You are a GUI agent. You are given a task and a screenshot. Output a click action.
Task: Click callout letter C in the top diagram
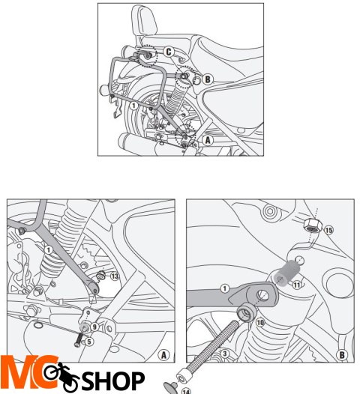coord(169,52)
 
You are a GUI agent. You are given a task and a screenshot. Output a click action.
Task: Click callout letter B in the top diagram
coord(208,79)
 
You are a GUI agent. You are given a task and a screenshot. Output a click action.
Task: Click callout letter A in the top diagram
coord(208,140)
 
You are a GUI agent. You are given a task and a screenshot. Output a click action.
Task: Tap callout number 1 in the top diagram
coord(133,106)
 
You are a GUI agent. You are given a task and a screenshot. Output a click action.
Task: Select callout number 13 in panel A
coord(115,276)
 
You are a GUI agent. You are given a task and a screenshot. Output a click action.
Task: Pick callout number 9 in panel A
coord(94,327)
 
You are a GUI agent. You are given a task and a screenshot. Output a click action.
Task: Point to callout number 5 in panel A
coord(88,342)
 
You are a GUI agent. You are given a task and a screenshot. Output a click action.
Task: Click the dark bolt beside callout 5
coord(79,340)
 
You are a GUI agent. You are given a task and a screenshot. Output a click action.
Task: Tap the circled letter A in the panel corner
coord(163,355)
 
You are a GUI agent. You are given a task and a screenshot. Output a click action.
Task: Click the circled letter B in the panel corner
coord(342,355)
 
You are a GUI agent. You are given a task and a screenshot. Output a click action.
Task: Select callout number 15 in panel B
coord(328,230)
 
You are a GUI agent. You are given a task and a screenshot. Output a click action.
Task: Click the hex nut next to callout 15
coord(313,225)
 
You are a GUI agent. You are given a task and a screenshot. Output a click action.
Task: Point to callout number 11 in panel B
coord(297,285)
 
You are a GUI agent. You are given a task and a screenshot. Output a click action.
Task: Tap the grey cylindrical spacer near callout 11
coord(286,273)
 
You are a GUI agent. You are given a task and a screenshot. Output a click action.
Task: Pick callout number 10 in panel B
coord(260,322)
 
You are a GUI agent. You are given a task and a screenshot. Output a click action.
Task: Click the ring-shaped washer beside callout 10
coord(247,312)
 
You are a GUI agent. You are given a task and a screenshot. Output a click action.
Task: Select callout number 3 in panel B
coord(225,354)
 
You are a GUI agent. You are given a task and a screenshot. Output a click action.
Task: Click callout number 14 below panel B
coord(186,391)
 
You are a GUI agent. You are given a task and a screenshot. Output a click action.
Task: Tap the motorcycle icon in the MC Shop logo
coord(61,375)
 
